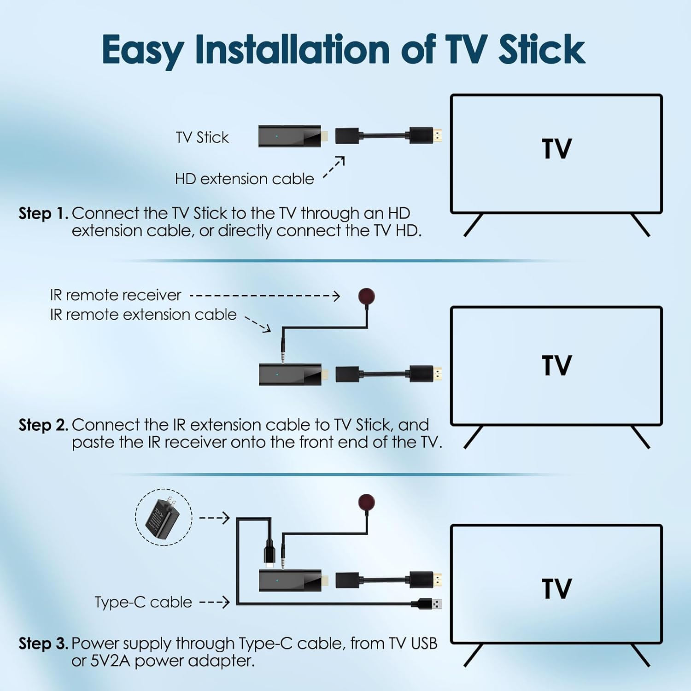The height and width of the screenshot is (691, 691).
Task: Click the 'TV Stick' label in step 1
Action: point(202,137)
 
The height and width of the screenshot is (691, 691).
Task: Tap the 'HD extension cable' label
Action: point(244,179)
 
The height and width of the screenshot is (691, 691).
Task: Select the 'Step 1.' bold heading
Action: point(43,213)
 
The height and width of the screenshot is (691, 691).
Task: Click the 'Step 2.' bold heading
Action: point(43,425)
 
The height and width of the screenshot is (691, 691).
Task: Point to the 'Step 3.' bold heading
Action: point(43,643)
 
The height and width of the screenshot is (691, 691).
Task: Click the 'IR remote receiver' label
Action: point(116,295)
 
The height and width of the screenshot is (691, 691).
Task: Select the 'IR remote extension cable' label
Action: point(143,315)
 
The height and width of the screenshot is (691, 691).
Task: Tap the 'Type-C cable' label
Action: point(143,602)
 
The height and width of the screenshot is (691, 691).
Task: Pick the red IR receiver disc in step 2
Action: point(366,296)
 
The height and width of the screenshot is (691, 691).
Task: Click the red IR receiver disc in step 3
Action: point(366,502)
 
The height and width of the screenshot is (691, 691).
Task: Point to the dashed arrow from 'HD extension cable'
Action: point(334,167)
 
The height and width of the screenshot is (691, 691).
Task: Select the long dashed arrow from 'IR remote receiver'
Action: point(265,296)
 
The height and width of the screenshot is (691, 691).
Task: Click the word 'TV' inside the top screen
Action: point(556,149)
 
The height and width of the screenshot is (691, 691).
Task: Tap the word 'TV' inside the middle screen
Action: point(556,366)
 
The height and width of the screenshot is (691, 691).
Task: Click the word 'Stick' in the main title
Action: point(541,50)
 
